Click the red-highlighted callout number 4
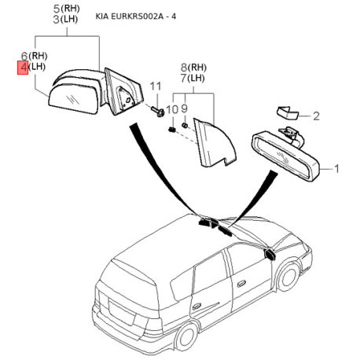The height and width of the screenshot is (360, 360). tap(24, 68)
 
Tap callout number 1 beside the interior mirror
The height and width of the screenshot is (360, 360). tap(336, 169)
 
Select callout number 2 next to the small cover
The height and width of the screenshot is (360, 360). tap(316, 116)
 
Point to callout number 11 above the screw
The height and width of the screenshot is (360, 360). tap(156, 86)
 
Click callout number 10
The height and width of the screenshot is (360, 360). tap(172, 109)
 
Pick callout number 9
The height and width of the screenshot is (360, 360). tap(185, 108)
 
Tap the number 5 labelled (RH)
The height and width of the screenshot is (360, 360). tap(57, 9)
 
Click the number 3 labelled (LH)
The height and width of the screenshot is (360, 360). tap(57, 20)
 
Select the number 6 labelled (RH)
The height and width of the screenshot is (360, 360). tap(24, 56)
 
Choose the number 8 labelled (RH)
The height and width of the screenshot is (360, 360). tap(184, 68)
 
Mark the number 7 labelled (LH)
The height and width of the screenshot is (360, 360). tap(184, 78)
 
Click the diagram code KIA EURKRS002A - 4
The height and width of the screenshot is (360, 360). tap(136, 17)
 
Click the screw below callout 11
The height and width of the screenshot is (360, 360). tap(158, 112)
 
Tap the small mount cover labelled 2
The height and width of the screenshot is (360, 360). tap(288, 112)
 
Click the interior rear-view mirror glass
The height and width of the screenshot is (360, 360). tap(285, 156)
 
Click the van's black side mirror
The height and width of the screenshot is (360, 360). tap(270, 254)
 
